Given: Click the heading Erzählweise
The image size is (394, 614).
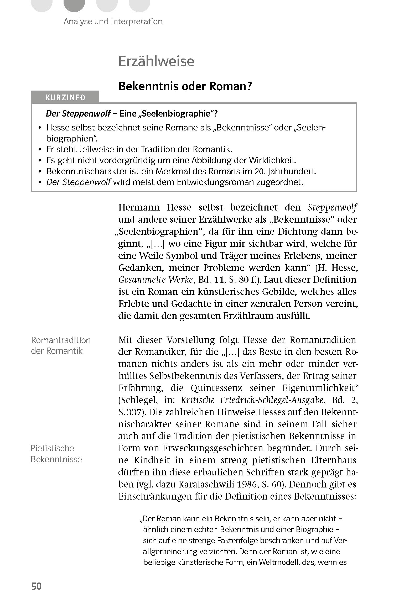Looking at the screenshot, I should pyautogui.click(x=156, y=61).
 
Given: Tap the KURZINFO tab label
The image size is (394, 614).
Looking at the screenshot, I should pyautogui.click(x=65, y=98).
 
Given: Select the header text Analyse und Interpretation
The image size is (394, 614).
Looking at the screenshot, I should pyautogui.click(x=113, y=21).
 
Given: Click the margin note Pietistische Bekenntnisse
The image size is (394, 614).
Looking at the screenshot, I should pyautogui.click(x=56, y=453).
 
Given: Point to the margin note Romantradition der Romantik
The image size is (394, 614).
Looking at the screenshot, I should pyautogui.click(x=61, y=345).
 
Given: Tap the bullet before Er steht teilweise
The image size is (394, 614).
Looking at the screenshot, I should pyautogui.click(x=40, y=150).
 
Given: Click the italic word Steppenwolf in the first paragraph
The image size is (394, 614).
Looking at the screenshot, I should pyautogui.click(x=332, y=207).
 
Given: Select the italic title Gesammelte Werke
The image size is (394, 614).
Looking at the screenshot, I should pyautogui.click(x=156, y=280).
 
